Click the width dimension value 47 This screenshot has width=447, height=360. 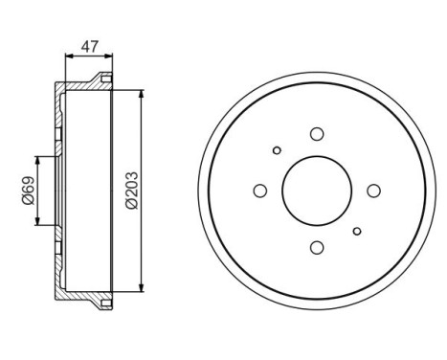point(88,45)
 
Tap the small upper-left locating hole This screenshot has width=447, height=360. point(278,150)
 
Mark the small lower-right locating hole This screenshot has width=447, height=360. point(357,231)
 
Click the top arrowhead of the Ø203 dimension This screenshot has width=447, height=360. point(142,91)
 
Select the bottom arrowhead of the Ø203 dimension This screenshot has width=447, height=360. point(142,288)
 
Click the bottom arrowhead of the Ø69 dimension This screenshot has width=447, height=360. point(38,221)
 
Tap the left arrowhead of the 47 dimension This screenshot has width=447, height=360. point(68,56)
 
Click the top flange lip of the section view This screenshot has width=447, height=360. point(104,79)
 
